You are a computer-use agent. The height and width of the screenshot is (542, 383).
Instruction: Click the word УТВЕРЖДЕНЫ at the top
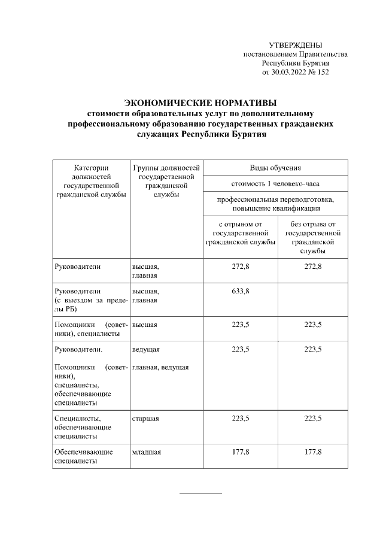coord(295,46)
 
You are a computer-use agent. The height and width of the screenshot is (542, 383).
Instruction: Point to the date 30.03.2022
coord(289,72)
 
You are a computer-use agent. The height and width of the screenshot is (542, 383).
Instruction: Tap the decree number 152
coord(323,72)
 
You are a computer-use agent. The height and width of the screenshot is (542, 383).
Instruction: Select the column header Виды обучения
coord(275,168)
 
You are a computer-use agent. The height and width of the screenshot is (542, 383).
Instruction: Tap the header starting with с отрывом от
coord(239,233)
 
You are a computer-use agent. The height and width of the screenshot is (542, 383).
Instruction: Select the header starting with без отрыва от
coord(312,237)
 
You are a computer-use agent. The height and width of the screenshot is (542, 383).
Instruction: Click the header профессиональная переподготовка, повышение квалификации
coord(275,203)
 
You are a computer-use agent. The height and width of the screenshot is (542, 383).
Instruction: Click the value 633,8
coord(240,291)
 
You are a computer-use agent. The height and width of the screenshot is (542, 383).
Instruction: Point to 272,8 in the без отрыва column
coord(312,266)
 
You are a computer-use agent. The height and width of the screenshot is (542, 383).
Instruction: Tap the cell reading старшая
coord(145,418)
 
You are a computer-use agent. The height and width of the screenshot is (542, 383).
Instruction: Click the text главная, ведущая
coord(160,367)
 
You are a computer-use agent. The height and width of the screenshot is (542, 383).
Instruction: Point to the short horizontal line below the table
coord(200,493)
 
